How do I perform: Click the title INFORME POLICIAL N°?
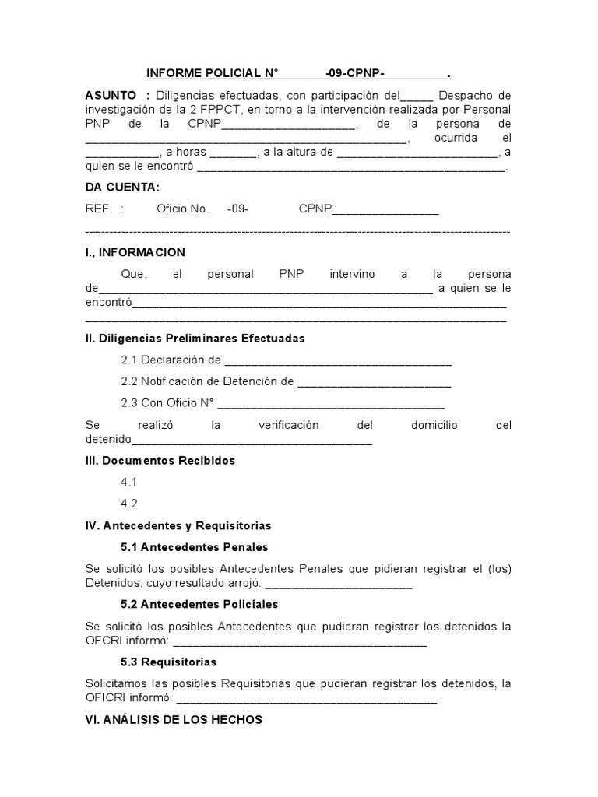pos(213,74)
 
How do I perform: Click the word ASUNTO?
pos(112,95)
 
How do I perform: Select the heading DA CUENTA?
pos(122,187)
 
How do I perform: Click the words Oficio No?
pos(183,209)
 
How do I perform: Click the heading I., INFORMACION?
pos(135,252)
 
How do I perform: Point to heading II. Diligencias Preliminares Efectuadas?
pos(195,339)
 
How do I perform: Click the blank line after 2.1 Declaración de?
pos(337,362)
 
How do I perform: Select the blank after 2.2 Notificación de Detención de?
pos(374,383)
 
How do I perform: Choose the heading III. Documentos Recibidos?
pos(160,460)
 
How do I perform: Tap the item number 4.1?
pos(129,482)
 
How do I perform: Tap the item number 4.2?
pos(129,503)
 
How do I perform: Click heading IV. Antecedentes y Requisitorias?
pos(178,525)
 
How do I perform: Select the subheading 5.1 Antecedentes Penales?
pos(194,547)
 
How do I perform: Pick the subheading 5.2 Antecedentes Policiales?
pos(199,604)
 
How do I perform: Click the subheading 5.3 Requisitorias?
pos(168,662)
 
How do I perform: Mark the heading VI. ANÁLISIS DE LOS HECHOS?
pos(173,720)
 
